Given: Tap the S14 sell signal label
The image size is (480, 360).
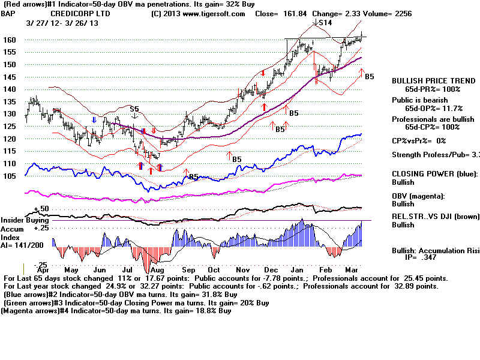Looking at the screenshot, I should pos(325,22).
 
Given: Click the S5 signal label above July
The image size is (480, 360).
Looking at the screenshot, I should pos(135,109).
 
